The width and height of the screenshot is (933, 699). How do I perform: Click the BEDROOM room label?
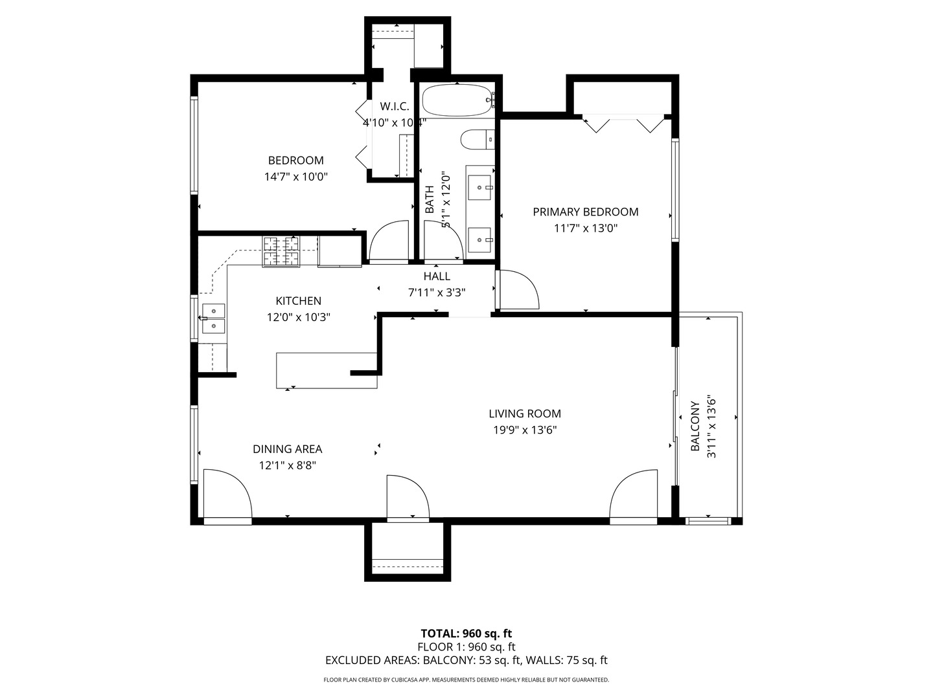295,161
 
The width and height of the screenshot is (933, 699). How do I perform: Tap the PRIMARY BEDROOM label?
585,212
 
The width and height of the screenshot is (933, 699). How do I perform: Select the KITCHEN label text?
298,301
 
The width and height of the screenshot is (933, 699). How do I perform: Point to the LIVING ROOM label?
524,414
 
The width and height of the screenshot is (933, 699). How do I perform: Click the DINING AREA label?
287,449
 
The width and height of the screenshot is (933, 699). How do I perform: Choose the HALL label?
437,276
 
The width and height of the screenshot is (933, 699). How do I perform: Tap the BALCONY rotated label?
695,427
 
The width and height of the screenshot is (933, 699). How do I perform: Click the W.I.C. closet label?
394,106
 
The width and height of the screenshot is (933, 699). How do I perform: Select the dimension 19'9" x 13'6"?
524,430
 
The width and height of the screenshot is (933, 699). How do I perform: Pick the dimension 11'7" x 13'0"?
585,228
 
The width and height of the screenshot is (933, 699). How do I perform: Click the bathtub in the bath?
457,100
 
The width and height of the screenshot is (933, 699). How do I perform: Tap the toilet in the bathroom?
477,139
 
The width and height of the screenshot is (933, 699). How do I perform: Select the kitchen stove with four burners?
281,252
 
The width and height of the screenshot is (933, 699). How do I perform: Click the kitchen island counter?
326,370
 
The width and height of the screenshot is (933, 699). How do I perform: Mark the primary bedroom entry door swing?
517,290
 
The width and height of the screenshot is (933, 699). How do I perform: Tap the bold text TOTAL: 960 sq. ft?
466,634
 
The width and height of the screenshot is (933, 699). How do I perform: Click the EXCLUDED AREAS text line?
466,661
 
